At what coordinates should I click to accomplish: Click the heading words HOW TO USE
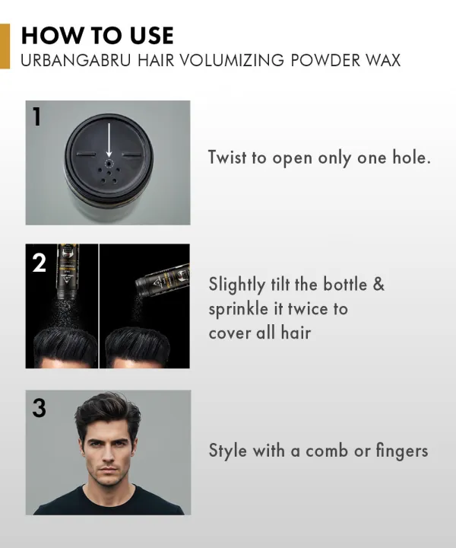[x=97, y=35]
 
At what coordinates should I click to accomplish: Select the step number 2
[x=39, y=263]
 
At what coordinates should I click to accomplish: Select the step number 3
[x=39, y=409]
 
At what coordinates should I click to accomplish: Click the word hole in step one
[x=407, y=158]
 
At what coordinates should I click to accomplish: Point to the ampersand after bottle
[x=378, y=284]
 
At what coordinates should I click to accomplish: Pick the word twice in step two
[x=310, y=308]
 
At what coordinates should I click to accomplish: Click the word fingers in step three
[x=402, y=451]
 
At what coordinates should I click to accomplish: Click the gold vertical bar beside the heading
[x=5, y=46]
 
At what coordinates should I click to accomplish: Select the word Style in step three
[x=227, y=451]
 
